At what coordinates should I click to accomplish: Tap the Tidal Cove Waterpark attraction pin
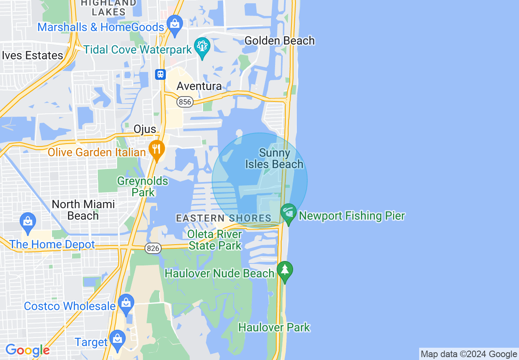202,47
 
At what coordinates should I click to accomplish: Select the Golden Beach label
280,40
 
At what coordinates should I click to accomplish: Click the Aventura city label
199,86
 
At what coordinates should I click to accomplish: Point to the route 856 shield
185,102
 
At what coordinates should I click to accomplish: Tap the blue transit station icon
160,74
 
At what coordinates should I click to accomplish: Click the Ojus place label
145,129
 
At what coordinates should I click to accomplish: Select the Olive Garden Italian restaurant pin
156,150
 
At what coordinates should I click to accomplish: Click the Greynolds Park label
142,187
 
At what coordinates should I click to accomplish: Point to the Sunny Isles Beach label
274,159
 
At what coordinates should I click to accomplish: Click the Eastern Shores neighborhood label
223,218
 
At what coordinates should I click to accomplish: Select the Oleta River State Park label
215,240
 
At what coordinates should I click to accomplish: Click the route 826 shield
153,248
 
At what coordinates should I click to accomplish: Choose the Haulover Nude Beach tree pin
285,271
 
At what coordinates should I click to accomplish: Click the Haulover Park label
274,327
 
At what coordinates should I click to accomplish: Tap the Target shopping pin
117,340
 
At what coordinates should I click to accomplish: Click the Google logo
27,350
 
